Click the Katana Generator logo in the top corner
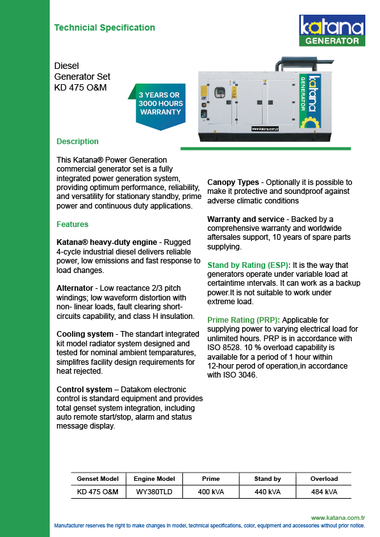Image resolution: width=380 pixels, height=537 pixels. click(x=332, y=31)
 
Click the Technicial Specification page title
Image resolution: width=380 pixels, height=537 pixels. click(x=105, y=27)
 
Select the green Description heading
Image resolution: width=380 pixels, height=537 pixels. click(x=77, y=142)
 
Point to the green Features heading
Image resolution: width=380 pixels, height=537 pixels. click(x=72, y=224)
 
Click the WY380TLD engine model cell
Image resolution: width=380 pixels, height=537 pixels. click(x=154, y=492)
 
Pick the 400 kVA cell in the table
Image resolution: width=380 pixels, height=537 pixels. click(x=211, y=492)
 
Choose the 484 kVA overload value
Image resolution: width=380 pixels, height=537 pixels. click(x=324, y=492)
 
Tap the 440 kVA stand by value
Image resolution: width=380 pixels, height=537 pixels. click(x=267, y=492)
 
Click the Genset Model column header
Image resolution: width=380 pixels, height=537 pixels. click(x=98, y=479)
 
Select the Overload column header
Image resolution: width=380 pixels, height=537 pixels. click(x=324, y=479)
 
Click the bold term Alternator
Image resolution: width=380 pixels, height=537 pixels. click(x=75, y=288)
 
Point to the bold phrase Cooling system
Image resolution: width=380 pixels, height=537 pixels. click(x=85, y=334)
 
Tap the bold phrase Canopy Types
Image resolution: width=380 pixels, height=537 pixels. click(x=233, y=182)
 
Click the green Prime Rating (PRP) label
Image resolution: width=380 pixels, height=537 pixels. click(x=244, y=320)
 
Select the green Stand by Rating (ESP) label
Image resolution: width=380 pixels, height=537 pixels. click(x=249, y=265)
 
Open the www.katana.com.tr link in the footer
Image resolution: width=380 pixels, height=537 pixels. click(x=338, y=518)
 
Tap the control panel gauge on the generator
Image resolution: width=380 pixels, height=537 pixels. click(x=219, y=93)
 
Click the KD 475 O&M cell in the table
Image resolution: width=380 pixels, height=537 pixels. click(x=98, y=492)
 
